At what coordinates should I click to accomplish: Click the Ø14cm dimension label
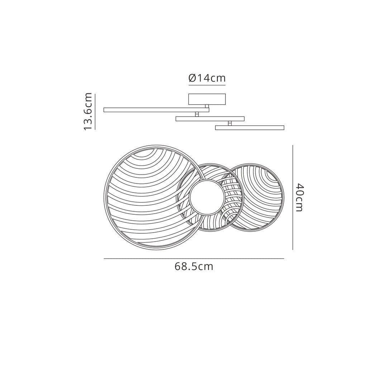coord(207,78)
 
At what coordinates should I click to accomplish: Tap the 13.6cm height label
coord(88,111)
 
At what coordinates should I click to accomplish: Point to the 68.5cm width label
coord(194,267)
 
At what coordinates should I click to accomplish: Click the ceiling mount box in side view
coord(207,99)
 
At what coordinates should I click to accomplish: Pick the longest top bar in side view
coord(156,110)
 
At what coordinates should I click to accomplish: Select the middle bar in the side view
coord(210,119)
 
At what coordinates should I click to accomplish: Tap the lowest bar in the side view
coord(250,128)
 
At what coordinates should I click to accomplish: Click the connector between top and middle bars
coord(197,114)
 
